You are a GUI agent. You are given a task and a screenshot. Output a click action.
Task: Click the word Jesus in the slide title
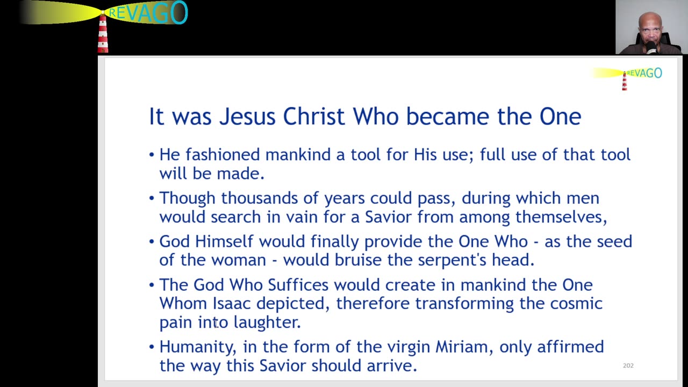(x=248, y=117)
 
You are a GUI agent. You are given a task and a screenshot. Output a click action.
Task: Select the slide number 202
(x=628, y=365)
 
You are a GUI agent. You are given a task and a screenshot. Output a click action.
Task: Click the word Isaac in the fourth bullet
(x=232, y=303)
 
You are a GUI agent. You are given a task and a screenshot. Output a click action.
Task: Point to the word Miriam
(x=464, y=347)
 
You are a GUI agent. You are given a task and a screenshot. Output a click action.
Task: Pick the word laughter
(x=267, y=322)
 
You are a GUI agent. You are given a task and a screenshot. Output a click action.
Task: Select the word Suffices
(x=299, y=284)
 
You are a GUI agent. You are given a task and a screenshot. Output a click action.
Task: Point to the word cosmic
(x=576, y=303)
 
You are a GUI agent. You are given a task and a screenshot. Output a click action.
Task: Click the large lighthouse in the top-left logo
(x=103, y=33)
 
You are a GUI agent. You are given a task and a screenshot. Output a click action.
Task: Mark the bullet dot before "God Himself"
(x=152, y=242)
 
